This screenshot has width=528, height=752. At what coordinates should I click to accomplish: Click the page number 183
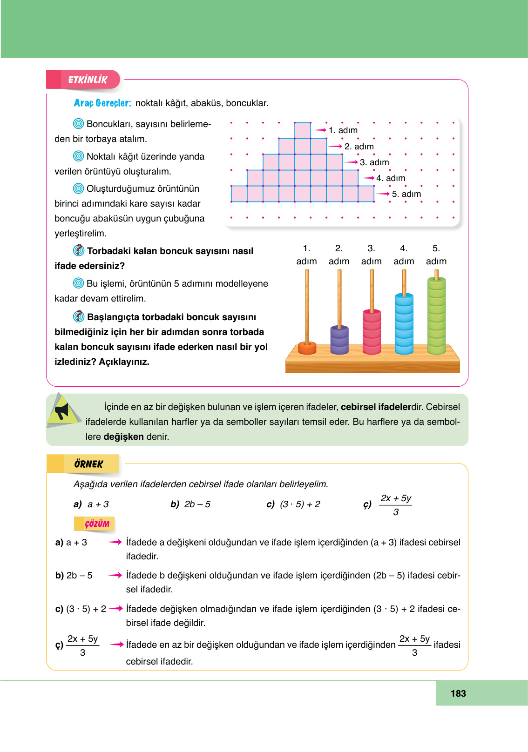458,693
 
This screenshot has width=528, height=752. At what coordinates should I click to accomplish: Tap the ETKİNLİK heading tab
87,80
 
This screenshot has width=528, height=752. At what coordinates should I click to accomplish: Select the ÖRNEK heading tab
88,464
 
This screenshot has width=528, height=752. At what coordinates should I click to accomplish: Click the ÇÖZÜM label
96,524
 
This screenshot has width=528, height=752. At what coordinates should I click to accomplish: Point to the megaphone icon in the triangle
62,411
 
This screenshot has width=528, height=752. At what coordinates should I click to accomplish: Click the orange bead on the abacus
307,348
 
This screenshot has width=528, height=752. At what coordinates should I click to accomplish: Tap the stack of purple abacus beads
339,340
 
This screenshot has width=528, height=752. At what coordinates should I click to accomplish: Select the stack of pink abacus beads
372,331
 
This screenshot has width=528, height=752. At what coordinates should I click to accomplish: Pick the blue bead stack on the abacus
404,323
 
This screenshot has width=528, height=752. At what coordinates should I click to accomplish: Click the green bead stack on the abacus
436,316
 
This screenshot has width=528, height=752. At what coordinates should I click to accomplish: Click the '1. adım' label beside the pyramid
343,130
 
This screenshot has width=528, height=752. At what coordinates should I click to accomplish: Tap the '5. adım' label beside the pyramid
406,194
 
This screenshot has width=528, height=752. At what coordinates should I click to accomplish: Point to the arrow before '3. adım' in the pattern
351,162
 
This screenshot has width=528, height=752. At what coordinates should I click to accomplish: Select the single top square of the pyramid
303,130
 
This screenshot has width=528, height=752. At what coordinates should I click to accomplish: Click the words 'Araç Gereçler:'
102,103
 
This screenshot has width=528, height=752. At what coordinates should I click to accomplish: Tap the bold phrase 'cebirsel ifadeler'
375,407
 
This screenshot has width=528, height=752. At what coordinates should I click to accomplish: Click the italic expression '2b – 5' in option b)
197,504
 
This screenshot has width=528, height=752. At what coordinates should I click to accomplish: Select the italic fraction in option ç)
396,504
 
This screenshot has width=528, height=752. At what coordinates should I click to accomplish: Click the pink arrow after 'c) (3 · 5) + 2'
116,608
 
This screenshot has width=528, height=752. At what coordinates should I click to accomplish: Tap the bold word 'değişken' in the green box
123,436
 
